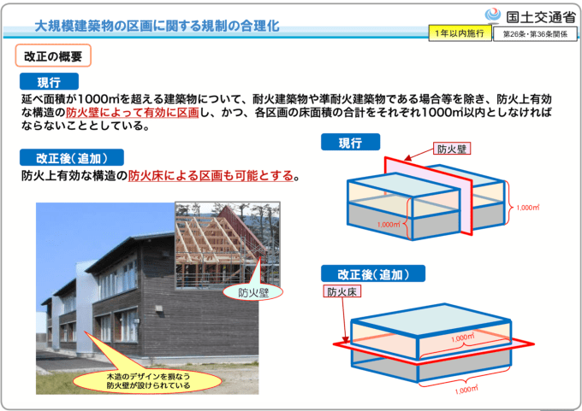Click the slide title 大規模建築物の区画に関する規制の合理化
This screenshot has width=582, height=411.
pos(157,26)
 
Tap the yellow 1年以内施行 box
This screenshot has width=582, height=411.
pos(460,33)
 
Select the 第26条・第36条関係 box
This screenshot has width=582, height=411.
pos(535,34)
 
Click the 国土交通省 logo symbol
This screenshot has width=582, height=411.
pos(493,15)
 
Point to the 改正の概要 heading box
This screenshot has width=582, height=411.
pos(53,56)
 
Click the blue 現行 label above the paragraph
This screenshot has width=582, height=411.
pos(49,81)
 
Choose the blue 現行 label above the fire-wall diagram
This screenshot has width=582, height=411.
pos(350,143)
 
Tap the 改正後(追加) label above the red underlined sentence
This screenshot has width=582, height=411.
pos(72,157)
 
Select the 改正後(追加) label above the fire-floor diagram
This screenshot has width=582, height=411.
pos(373,274)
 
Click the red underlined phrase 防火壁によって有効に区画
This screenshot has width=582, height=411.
pos(133,112)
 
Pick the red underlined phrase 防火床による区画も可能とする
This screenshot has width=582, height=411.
pos(211,176)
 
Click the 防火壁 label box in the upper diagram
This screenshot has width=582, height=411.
pos(452,149)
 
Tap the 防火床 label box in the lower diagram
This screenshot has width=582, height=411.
pos(341,291)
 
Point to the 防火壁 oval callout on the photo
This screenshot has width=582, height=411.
pos(252,292)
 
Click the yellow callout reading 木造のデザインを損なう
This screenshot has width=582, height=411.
pos(147,381)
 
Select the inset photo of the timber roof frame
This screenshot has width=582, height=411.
pos(228,245)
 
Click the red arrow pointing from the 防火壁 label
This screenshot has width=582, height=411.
pos(419,154)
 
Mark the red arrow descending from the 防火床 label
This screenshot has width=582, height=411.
pos(345,320)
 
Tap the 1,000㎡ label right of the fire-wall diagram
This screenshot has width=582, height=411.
pos(528,208)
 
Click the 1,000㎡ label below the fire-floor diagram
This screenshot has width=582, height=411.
pos(466,390)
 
